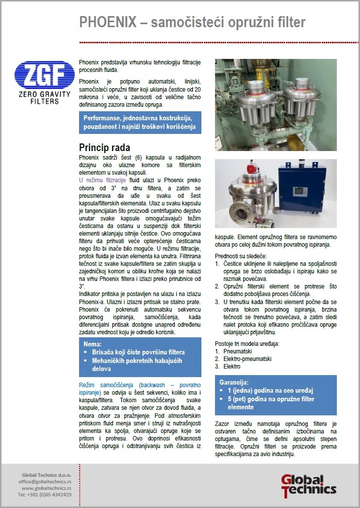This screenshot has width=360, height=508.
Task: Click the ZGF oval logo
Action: [41, 76]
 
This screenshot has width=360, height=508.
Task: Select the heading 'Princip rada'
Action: [105, 148]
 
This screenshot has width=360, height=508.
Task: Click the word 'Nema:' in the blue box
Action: [93, 344]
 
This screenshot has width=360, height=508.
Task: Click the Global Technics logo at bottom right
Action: [308, 485]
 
